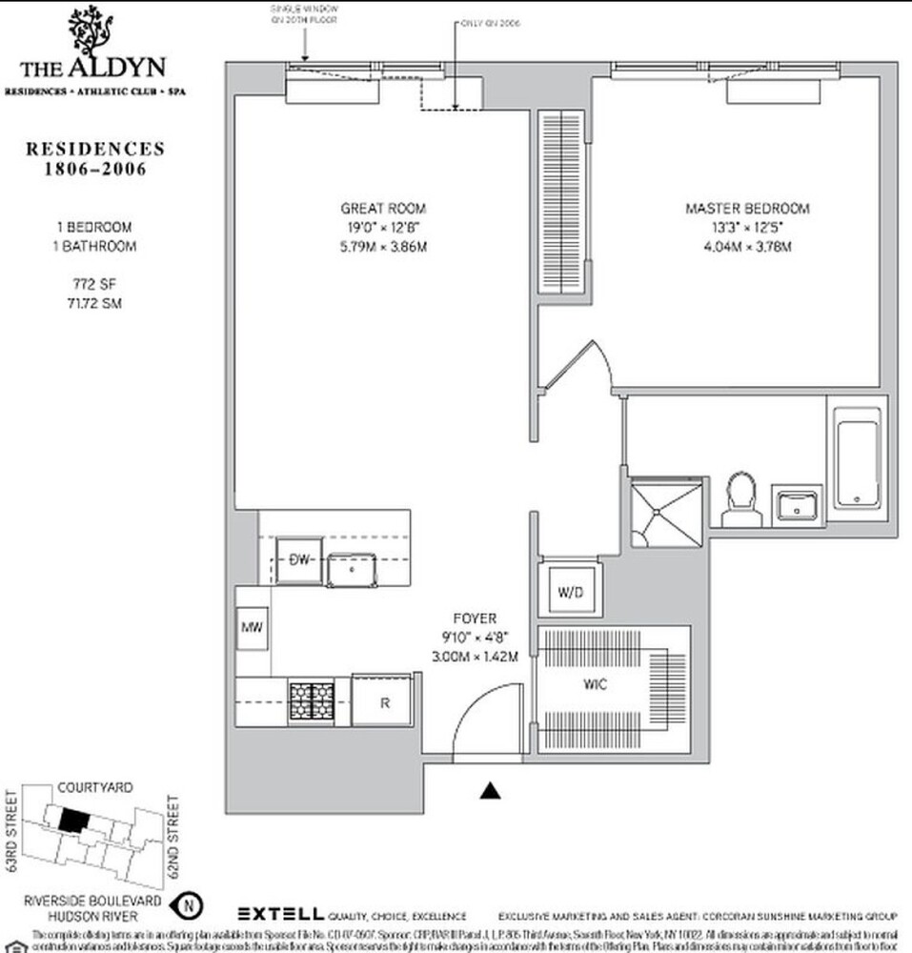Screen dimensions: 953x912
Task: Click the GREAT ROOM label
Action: pyautogui.click(x=383, y=209)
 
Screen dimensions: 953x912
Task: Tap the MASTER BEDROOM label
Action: pyautogui.click(x=747, y=209)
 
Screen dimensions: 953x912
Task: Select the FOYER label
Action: pyautogui.click(x=476, y=618)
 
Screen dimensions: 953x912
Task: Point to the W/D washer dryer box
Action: pyautogui.click(x=570, y=593)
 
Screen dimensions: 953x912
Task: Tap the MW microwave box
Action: pyautogui.click(x=252, y=629)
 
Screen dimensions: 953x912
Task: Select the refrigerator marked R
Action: pyautogui.click(x=383, y=702)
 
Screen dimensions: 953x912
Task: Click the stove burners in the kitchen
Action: pyautogui.click(x=312, y=702)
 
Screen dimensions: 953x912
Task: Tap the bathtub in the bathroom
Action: pyautogui.click(x=858, y=458)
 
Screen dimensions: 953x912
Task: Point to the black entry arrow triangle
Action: pyautogui.click(x=491, y=789)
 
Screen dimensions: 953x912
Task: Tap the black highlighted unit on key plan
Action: pyautogui.click(x=72, y=819)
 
